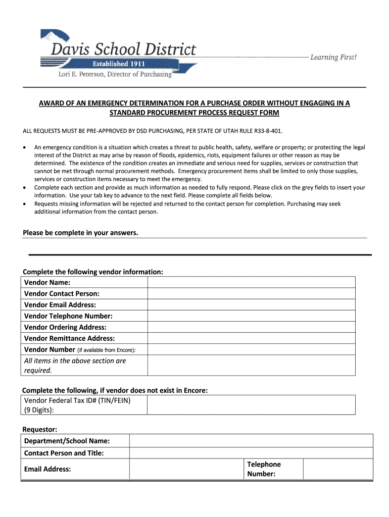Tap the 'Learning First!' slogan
(x=333, y=58)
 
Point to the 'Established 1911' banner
(x=118, y=64)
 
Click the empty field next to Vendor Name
(x=251, y=282)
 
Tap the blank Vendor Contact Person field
(x=251, y=293)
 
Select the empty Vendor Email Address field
(x=251, y=304)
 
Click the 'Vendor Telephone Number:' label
(x=68, y=316)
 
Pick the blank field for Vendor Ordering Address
(x=251, y=327)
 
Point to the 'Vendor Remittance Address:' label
(x=69, y=338)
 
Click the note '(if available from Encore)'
(x=106, y=350)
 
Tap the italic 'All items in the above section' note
(x=75, y=361)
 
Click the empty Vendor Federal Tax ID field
(x=251, y=405)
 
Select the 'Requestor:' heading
(x=40, y=429)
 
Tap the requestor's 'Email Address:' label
(x=47, y=469)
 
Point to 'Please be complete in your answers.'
(x=80, y=233)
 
